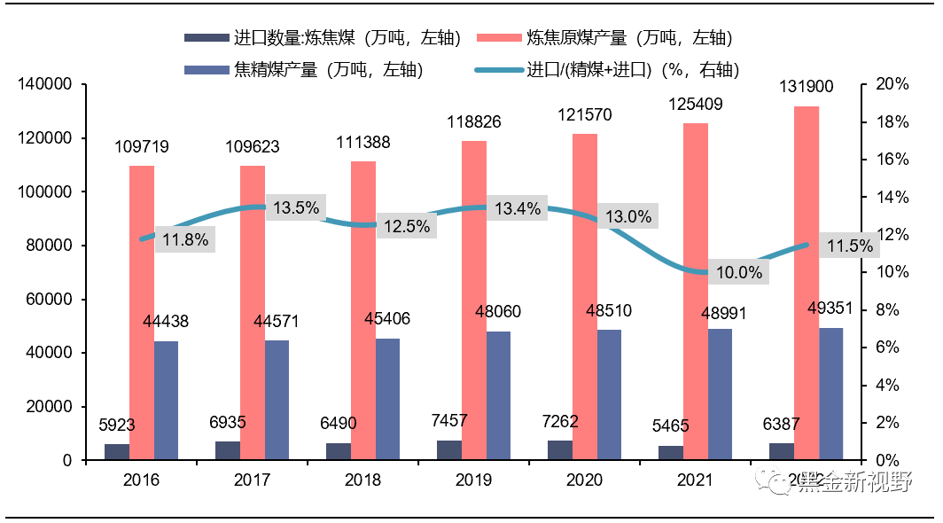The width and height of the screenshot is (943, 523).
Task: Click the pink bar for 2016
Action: click(x=142, y=312)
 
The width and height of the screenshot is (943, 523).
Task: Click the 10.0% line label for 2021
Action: click(x=739, y=273)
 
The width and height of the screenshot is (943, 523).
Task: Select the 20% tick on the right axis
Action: click(x=892, y=85)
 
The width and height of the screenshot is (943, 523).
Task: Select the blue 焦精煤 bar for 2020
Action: click(x=609, y=394)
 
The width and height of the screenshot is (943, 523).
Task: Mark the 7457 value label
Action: click(x=449, y=421)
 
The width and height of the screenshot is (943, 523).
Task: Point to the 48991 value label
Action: click(x=719, y=312)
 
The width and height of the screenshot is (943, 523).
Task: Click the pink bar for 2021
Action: click(x=696, y=291)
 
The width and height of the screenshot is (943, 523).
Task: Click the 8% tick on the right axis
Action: click(x=888, y=310)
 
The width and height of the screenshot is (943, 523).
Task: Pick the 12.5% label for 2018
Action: click(x=407, y=226)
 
